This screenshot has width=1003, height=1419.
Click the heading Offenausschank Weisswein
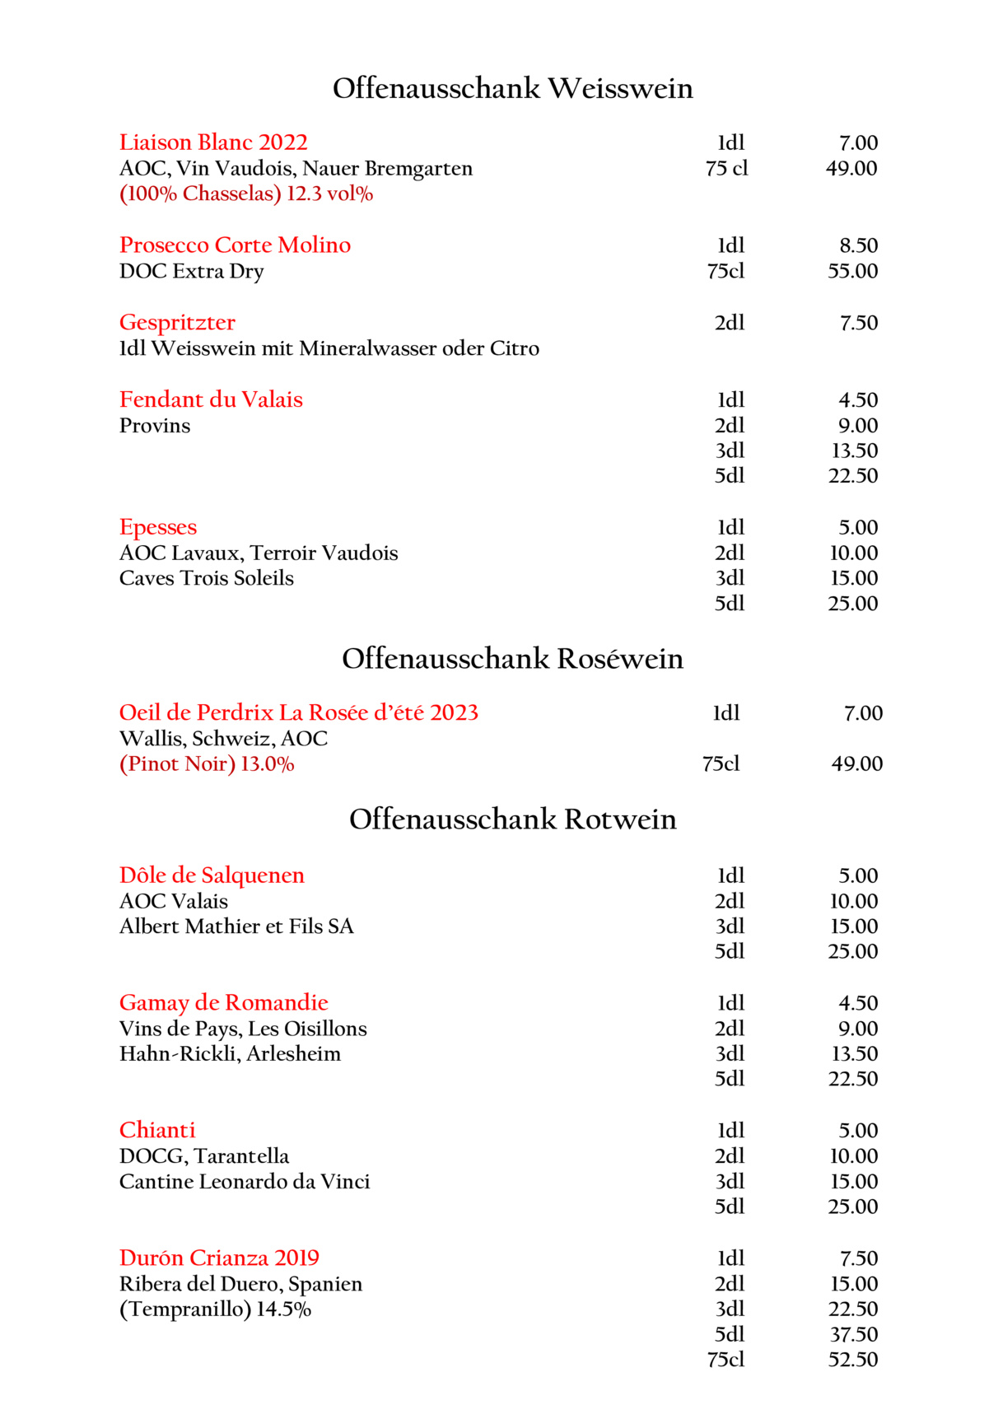click(512, 88)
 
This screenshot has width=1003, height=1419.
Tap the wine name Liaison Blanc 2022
click(213, 142)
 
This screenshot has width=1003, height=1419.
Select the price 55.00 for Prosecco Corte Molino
click(852, 271)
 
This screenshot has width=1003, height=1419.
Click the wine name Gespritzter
click(177, 322)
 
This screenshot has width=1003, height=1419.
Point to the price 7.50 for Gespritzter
click(858, 323)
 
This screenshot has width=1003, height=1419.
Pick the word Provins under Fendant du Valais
click(155, 426)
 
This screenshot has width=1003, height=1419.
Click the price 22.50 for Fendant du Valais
click(852, 476)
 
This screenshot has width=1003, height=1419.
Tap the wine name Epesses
click(158, 527)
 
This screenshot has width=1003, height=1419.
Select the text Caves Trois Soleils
click(206, 578)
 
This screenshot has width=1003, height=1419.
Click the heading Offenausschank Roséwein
click(512, 659)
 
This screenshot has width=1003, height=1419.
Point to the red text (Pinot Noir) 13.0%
click(207, 764)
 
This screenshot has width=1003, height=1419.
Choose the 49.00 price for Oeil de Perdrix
click(856, 764)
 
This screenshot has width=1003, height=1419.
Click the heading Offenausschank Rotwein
click(512, 819)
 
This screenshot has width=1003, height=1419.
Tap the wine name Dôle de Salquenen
click(212, 875)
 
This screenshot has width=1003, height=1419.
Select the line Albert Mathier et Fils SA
click(236, 927)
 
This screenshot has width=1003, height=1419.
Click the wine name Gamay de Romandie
click(223, 1003)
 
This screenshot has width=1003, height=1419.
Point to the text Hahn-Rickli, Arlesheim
click(230, 1054)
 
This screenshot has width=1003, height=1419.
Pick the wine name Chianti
click(157, 1131)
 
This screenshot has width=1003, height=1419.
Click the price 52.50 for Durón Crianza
click(852, 1360)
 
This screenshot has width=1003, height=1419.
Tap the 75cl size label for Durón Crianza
click(725, 1360)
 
